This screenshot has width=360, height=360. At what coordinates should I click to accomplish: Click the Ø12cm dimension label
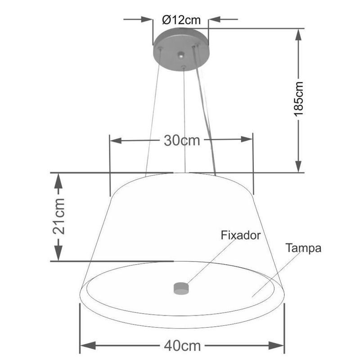[180, 20]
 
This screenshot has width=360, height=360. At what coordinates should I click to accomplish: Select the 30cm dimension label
[181, 140]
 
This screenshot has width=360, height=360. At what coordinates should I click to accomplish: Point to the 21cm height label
[58, 216]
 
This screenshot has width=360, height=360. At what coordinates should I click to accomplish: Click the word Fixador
[241, 234]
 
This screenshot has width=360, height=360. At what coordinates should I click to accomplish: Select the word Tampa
[303, 248]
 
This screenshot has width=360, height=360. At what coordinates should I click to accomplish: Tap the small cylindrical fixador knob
[181, 288]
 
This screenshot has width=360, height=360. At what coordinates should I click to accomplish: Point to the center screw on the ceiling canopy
[181, 56]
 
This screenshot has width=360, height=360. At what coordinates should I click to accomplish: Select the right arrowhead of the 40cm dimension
[278, 346]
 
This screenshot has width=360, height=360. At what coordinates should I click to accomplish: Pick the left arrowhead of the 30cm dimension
[116, 140]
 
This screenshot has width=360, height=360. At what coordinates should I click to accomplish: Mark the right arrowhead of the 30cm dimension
[247, 140]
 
